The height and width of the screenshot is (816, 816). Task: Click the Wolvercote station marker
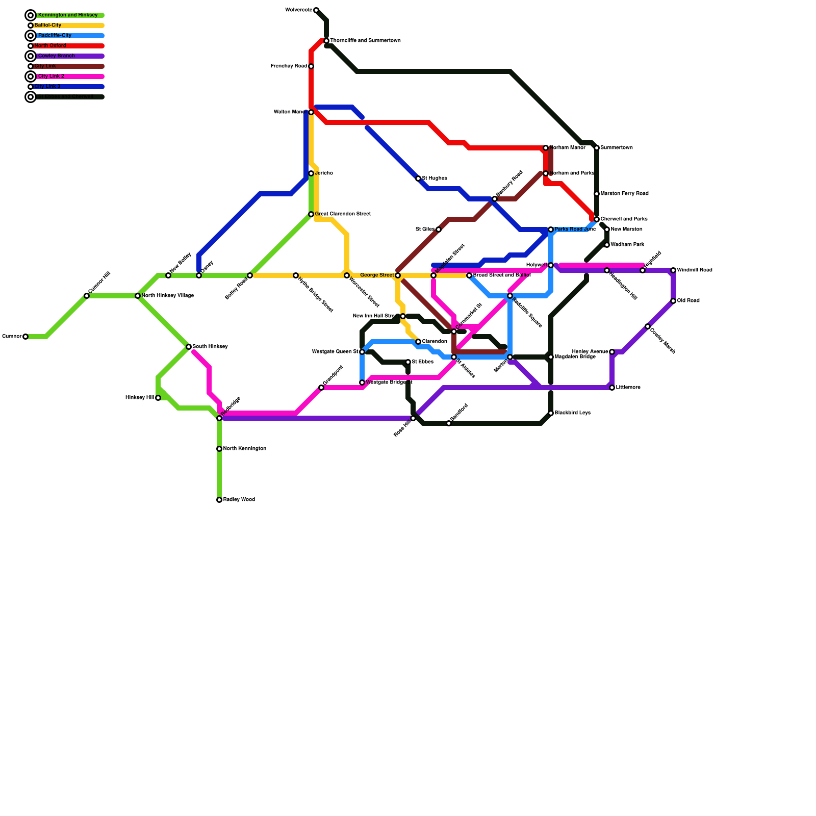316,10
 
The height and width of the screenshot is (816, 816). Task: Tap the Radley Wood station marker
219,500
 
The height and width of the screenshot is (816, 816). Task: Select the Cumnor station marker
25,337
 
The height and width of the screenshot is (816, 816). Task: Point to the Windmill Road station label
694,270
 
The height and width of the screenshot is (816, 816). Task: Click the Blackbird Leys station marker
551,413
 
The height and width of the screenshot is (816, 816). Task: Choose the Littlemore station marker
612,388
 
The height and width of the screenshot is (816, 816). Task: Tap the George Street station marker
398,275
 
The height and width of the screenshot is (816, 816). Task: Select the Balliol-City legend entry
48,25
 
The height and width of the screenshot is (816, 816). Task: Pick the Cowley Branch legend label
56,56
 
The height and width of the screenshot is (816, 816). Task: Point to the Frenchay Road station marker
311,66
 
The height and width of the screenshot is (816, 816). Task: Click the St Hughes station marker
418,178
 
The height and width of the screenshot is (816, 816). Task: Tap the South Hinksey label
210,347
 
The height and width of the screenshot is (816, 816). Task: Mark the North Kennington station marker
219,449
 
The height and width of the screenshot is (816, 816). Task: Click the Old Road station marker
673,301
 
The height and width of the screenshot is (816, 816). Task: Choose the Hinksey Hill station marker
158,398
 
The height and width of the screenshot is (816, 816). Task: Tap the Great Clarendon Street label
342,214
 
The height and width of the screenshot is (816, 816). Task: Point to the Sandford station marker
449,423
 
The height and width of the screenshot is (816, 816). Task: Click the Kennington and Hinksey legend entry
67,15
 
